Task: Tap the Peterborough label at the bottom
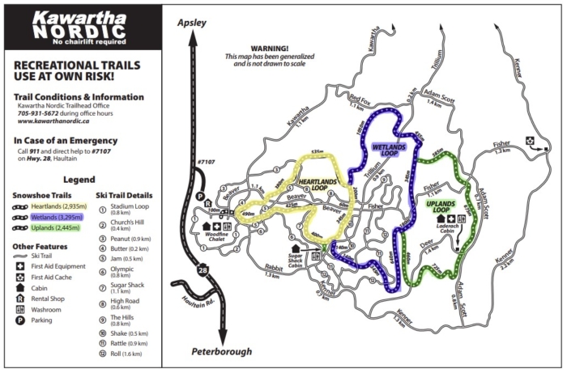[x=221, y=352]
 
